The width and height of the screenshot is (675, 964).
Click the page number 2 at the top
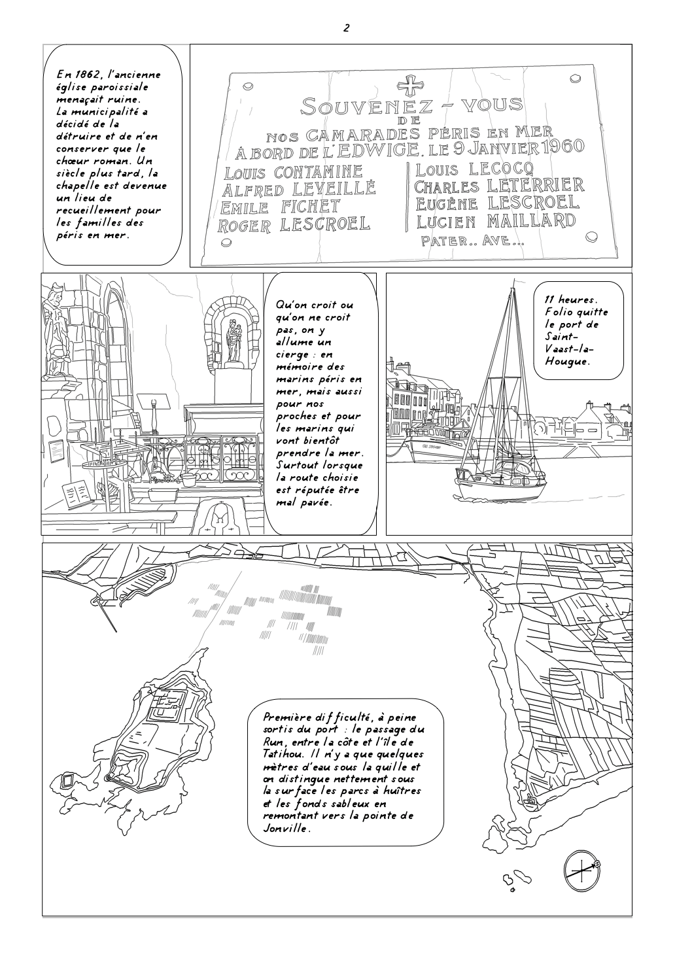[346, 27]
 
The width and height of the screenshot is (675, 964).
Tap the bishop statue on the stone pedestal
[54, 334]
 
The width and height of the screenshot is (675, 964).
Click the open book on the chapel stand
[76, 491]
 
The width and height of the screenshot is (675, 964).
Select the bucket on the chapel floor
[189, 481]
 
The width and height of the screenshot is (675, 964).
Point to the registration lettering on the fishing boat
[433, 447]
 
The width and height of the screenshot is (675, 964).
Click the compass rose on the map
[581, 870]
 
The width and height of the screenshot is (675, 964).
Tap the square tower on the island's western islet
[68, 780]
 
